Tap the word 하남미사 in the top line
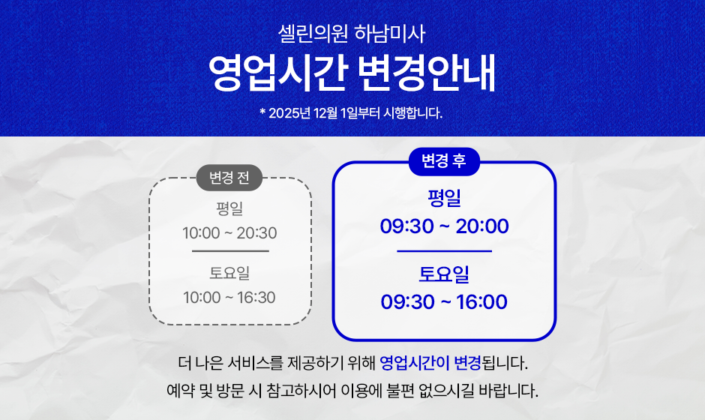(x=390, y=34)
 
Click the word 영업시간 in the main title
(x=278, y=73)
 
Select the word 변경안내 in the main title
(x=427, y=73)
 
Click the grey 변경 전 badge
(x=229, y=178)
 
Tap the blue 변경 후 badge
(x=444, y=161)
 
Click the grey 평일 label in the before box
(x=229, y=208)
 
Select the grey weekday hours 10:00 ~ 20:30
(x=229, y=233)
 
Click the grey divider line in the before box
(x=230, y=251)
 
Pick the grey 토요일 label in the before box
(x=229, y=273)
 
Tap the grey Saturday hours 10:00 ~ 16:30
(x=229, y=297)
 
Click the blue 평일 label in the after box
(x=444, y=198)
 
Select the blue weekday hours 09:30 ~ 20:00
(x=444, y=226)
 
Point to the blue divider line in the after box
(x=444, y=251)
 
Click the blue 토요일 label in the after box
(x=444, y=274)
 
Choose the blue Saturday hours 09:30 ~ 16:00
(x=444, y=301)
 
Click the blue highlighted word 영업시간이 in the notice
(x=415, y=362)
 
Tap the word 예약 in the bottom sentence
(x=180, y=390)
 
